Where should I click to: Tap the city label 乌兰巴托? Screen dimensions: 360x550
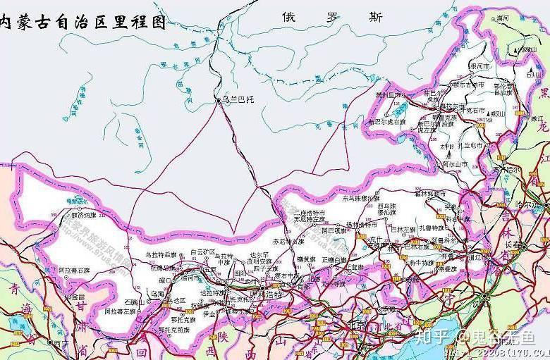click(236, 101)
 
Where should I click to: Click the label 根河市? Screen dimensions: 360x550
click(482, 66)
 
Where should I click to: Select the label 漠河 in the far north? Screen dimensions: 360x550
click(502, 17)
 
